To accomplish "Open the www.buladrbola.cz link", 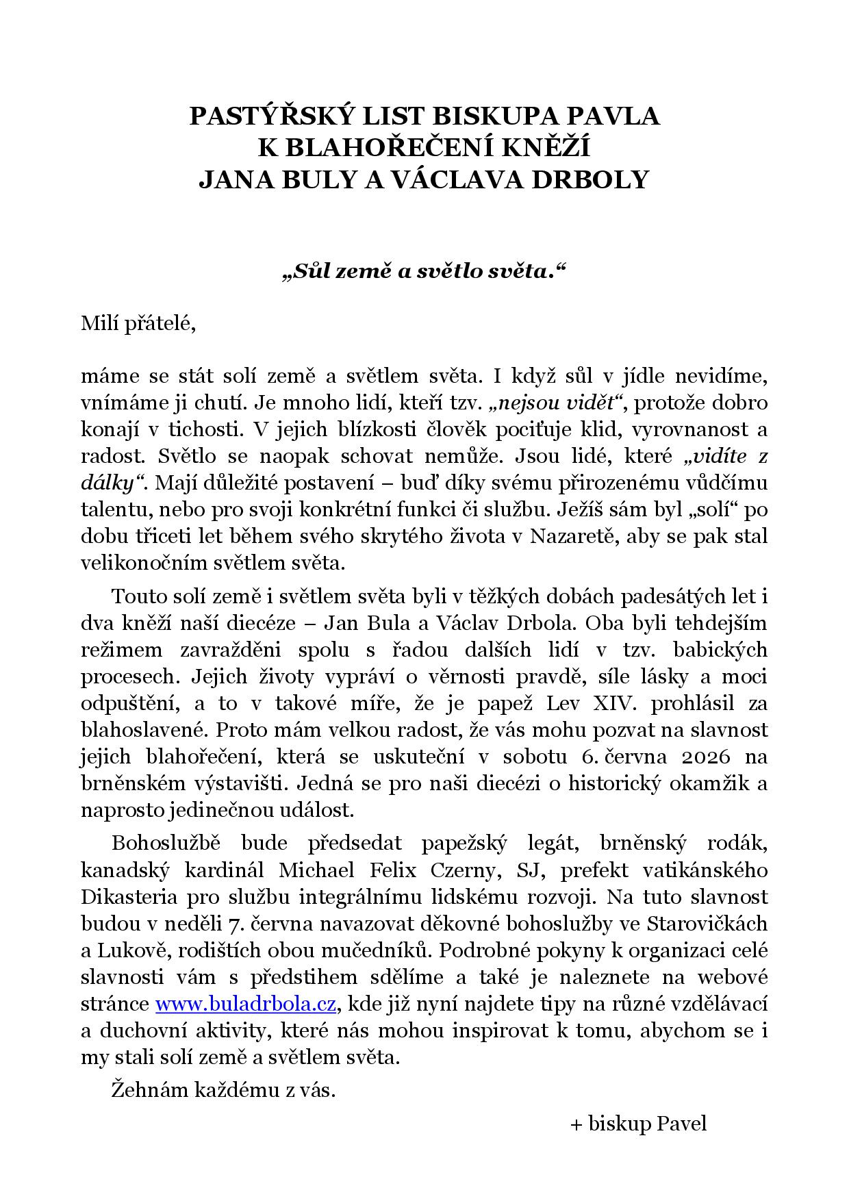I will (245, 1004).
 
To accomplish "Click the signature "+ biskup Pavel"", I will (638, 1124).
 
